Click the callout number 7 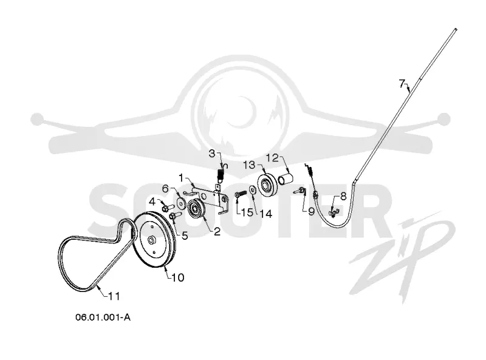pos(402,83)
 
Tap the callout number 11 pos(114,296)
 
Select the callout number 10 pos(178,277)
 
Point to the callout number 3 pos(212,154)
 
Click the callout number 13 pos(249,165)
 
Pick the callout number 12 pos(272,158)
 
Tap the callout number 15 pos(247,212)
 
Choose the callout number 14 pos(266,214)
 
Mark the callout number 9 pos(311,212)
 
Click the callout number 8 pos(343,197)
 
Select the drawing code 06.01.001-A pos(103,318)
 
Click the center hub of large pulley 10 pos(151,239)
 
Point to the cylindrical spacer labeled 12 pos(285,180)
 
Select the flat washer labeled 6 pos(180,202)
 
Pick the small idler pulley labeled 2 pos(196,209)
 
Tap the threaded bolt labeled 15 pos(241,194)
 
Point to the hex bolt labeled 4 pos(165,207)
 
